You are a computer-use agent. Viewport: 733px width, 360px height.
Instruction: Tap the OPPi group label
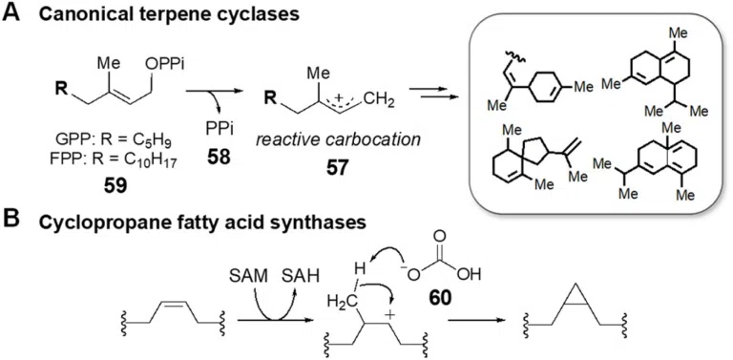(165, 65)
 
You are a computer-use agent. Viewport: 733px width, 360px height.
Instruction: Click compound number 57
(336, 168)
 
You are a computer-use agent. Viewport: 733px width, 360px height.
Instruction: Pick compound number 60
(437, 297)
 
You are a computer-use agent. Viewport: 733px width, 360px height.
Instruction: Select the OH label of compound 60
(470, 275)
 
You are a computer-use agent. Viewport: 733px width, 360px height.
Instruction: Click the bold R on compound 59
(59, 88)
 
